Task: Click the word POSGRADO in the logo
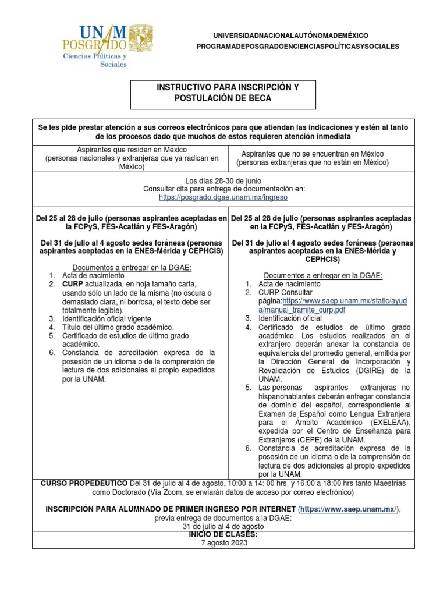(x=94, y=44)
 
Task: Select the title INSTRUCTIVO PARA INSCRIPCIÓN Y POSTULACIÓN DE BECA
(x=223, y=93)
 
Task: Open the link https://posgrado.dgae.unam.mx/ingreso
(x=223, y=197)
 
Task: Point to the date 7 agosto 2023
(x=223, y=542)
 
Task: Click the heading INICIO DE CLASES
(x=223, y=534)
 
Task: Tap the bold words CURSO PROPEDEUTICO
(x=84, y=484)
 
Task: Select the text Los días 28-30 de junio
(x=223, y=181)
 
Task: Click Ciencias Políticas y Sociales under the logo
(x=95, y=60)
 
